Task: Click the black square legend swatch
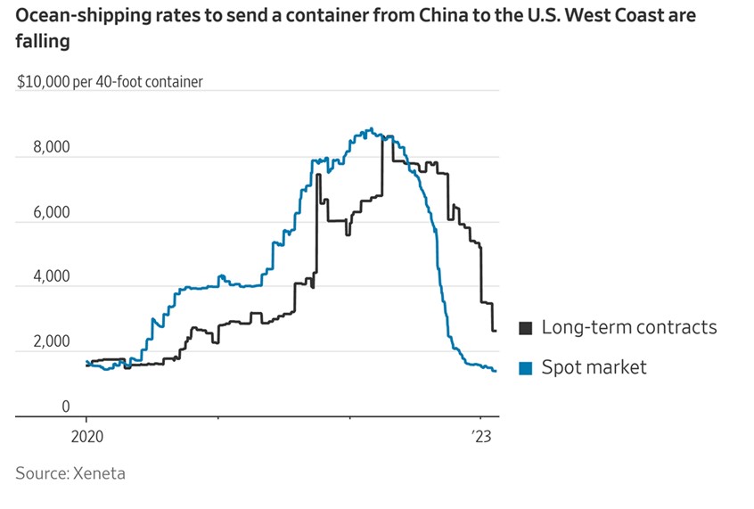[x=526, y=328]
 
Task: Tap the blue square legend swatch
[x=526, y=367]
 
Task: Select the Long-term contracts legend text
[x=629, y=327]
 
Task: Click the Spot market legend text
[x=594, y=367]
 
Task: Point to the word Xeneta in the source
[x=99, y=473]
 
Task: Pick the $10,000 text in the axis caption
[x=45, y=82]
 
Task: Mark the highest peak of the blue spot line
[x=371, y=128]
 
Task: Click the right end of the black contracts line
[x=496, y=331]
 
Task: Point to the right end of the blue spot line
[x=496, y=371]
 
